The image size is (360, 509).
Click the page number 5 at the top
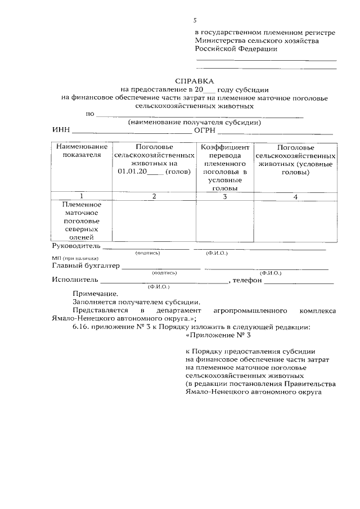[195, 20]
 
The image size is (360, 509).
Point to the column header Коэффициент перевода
[224, 151]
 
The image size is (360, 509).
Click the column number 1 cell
[82, 196]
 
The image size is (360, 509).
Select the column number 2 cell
[154, 196]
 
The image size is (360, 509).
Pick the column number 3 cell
[224, 196]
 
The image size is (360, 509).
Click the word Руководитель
[76, 246]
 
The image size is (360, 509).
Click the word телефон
[247, 280]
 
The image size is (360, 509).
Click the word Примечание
[95, 294]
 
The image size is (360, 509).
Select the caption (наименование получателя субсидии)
[195, 122]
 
